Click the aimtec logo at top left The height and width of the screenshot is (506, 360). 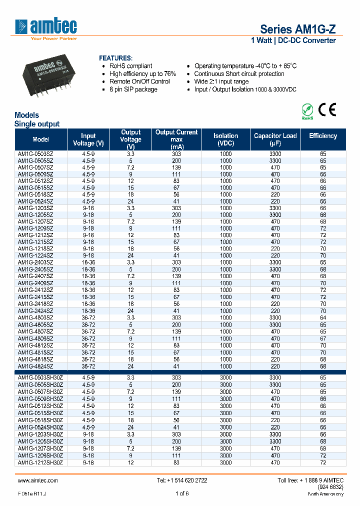tap(46, 27)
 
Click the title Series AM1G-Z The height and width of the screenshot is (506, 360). tap(297, 29)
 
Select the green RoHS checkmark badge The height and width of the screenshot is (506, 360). tap(307, 110)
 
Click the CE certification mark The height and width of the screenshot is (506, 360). tap(327, 109)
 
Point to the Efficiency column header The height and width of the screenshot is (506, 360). tap(323, 136)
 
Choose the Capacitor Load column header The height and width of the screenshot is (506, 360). tap(275, 139)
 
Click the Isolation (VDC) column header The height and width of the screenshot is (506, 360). tap(225, 139)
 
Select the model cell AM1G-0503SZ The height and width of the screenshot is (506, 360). tap(35, 154)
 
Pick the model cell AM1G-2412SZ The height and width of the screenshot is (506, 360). tap(35, 290)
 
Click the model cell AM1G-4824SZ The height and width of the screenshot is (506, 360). tap(35, 366)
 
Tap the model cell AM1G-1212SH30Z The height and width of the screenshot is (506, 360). tap(40, 463)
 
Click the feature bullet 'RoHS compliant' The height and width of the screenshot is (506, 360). tap(131, 66)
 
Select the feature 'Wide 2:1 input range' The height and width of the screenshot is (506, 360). tap(221, 81)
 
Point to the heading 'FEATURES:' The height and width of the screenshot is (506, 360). tap(115, 58)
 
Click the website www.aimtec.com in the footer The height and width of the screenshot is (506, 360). tap(38, 480)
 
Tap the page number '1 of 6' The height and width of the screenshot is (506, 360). tap(182, 494)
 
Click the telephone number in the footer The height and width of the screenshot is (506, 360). tap(182, 480)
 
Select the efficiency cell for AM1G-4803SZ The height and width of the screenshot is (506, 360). tap(323, 317)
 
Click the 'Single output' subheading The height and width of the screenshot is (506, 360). tap(37, 124)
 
